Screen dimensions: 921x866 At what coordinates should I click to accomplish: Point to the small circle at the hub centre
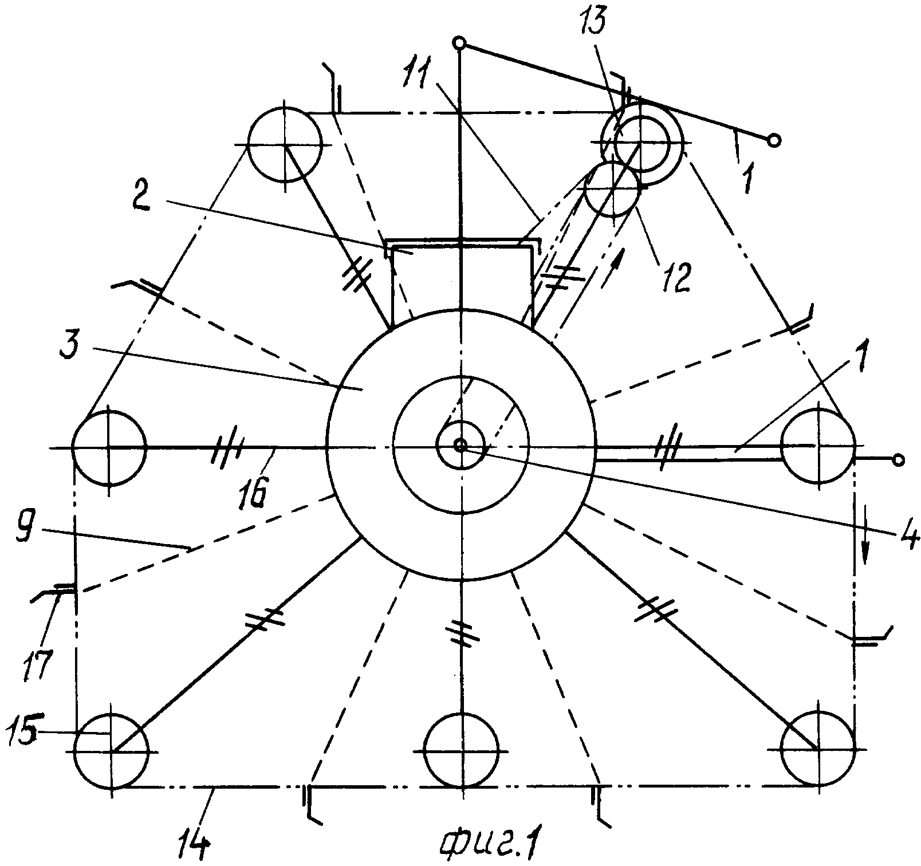click(459, 445)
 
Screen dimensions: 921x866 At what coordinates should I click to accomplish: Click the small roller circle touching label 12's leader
click(612, 188)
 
